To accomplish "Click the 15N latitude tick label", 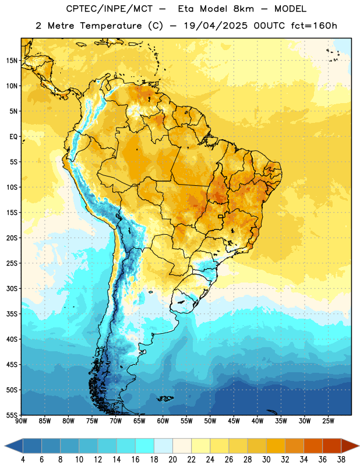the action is tap(12, 61).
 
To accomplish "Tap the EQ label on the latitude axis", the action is tap(13, 137).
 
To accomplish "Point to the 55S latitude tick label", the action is tap(12, 415).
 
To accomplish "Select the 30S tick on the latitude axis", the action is tap(12, 288).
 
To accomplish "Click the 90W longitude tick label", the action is tap(21, 421).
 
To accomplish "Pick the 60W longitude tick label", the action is tap(163, 421).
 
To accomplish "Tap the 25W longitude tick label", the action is tap(328, 421).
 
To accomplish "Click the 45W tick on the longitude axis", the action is tap(234, 421).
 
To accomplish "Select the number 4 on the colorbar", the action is tap(23, 460).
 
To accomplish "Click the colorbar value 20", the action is tap(172, 460).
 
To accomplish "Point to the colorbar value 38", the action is tap(341, 460).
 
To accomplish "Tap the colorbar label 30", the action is tap(266, 460).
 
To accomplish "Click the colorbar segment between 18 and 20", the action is tap(164, 446).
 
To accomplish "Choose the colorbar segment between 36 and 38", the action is tap(332, 446).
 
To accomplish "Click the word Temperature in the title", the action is tap(111, 26).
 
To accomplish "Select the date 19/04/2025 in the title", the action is tap(215, 26).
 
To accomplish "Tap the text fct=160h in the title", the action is tap(314, 26).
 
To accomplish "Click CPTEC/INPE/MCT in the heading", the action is tap(109, 9).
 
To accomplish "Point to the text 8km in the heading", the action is tap(243, 9).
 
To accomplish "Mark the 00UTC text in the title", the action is tap(269, 26).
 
